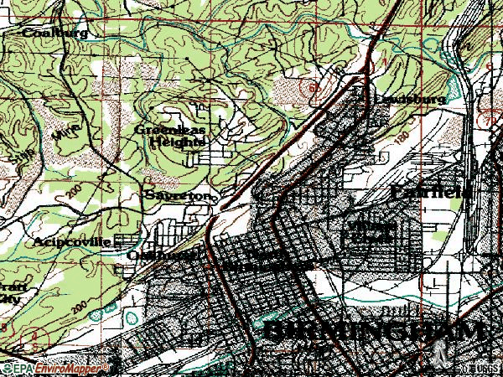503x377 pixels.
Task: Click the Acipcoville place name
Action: (71, 241)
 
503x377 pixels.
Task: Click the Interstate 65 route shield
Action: (314, 86)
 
